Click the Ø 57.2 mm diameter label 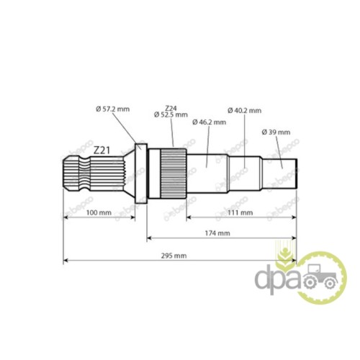coord(112,109)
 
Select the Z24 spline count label coord(171,108)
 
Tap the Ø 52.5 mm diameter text coord(171,114)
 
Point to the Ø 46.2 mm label coord(209,122)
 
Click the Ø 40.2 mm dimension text coord(244,110)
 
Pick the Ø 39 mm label coord(276,132)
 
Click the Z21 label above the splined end coord(102,150)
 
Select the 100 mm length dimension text coord(99,212)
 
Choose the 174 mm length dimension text coord(217,233)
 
